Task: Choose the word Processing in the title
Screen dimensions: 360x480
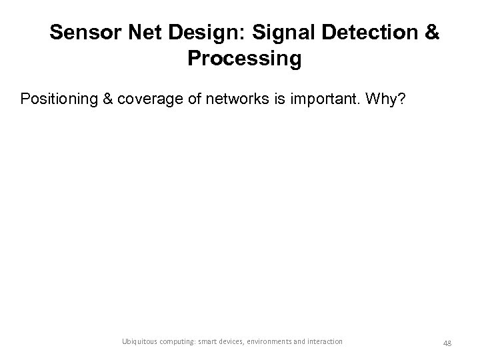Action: tap(245, 59)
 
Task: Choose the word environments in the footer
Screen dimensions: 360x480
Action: tap(296, 341)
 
